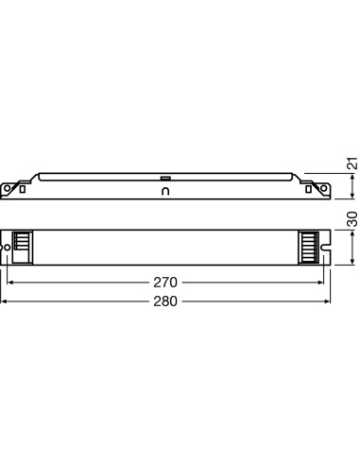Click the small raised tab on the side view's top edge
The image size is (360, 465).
pyautogui.click(x=165, y=176)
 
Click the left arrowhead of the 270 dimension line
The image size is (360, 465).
pyautogui.click(x=12, y=282)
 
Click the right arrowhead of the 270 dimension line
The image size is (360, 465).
pyautogui.click(x=321, y=282)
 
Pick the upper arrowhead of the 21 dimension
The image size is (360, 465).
pyautogui.click(x=351, y=179)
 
